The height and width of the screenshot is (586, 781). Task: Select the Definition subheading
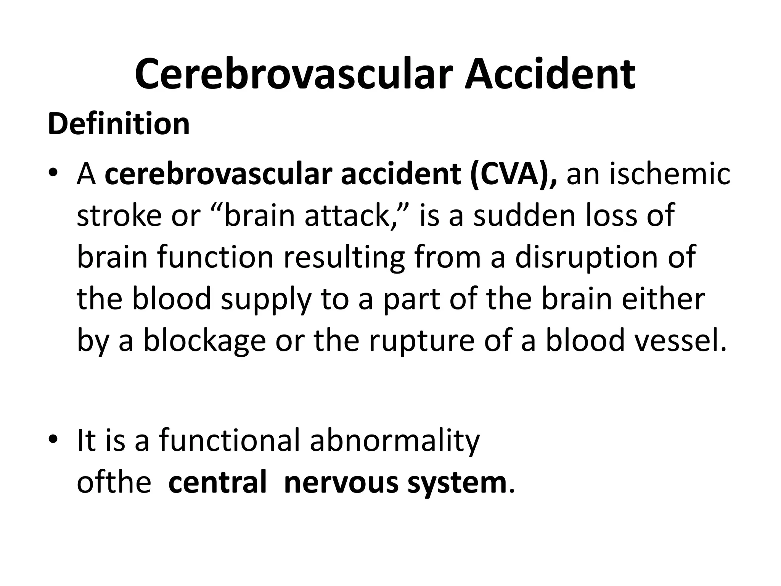119,124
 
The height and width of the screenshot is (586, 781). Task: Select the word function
215,258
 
